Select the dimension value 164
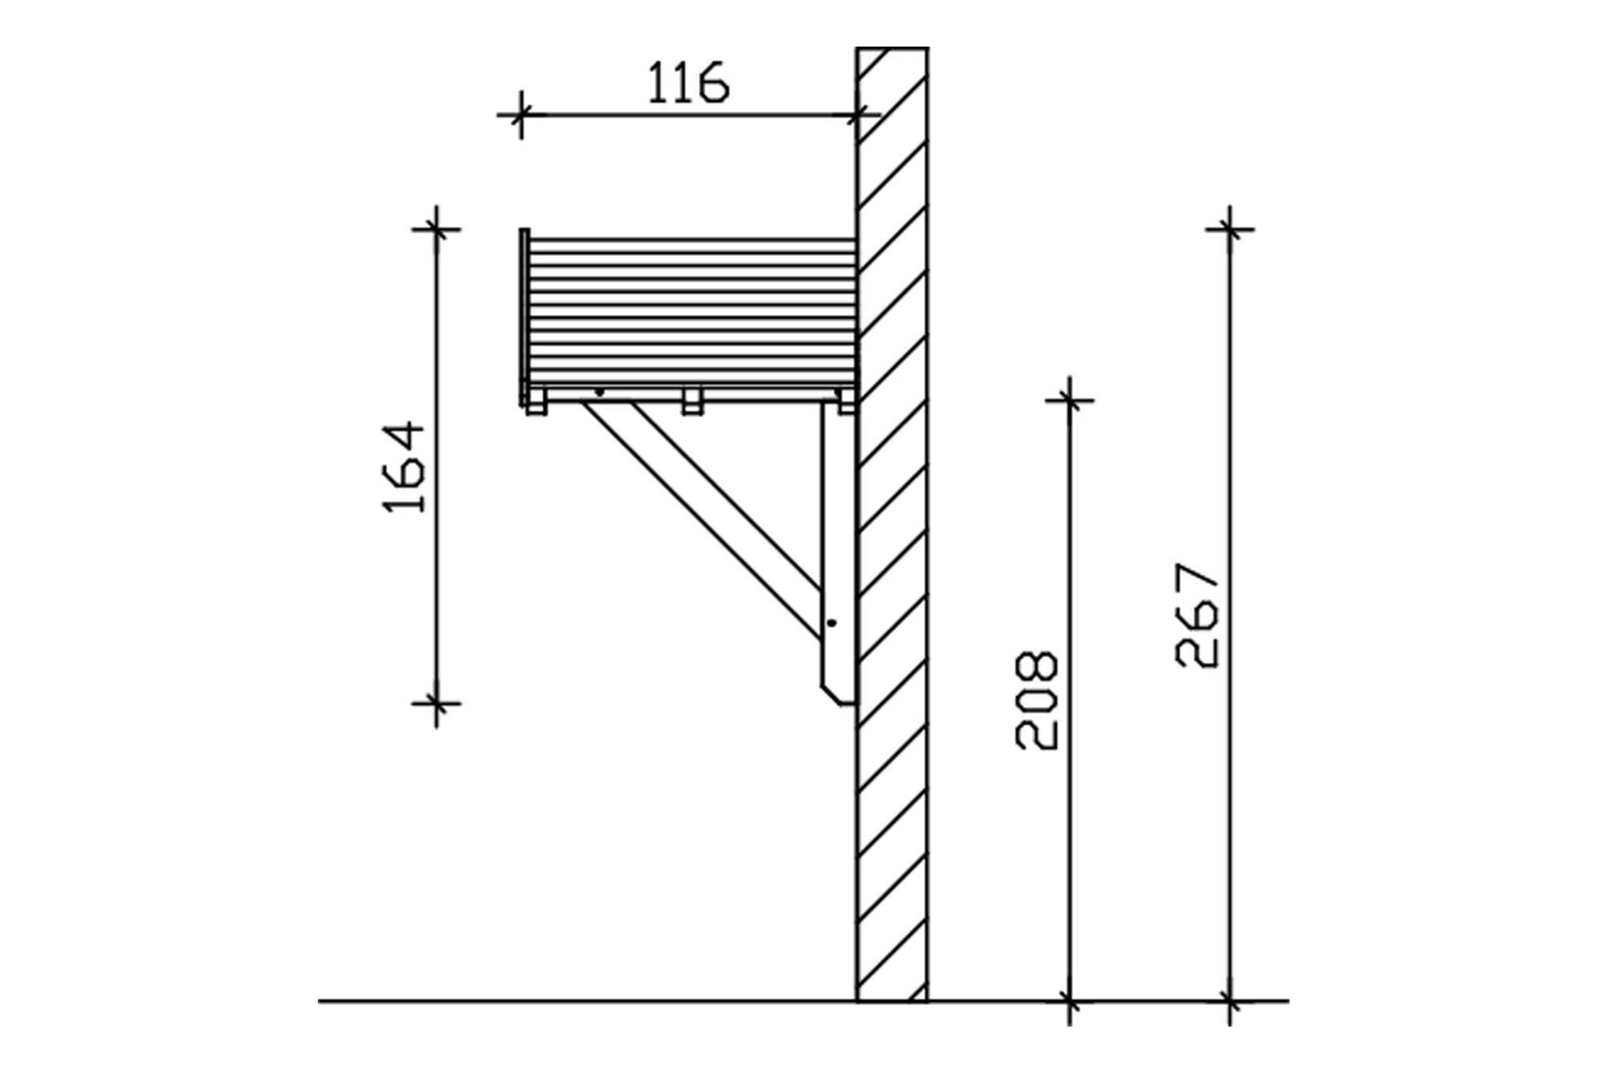pos(404,467)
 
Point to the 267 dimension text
pos(1197,615)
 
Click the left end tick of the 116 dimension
pos(522,115)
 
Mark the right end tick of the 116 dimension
pos(858,115)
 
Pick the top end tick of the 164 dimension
pos(437,230)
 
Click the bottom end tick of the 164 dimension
pos(437,703)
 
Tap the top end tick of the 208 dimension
pos(1070,399)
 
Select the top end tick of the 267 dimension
pos(1229,230)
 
